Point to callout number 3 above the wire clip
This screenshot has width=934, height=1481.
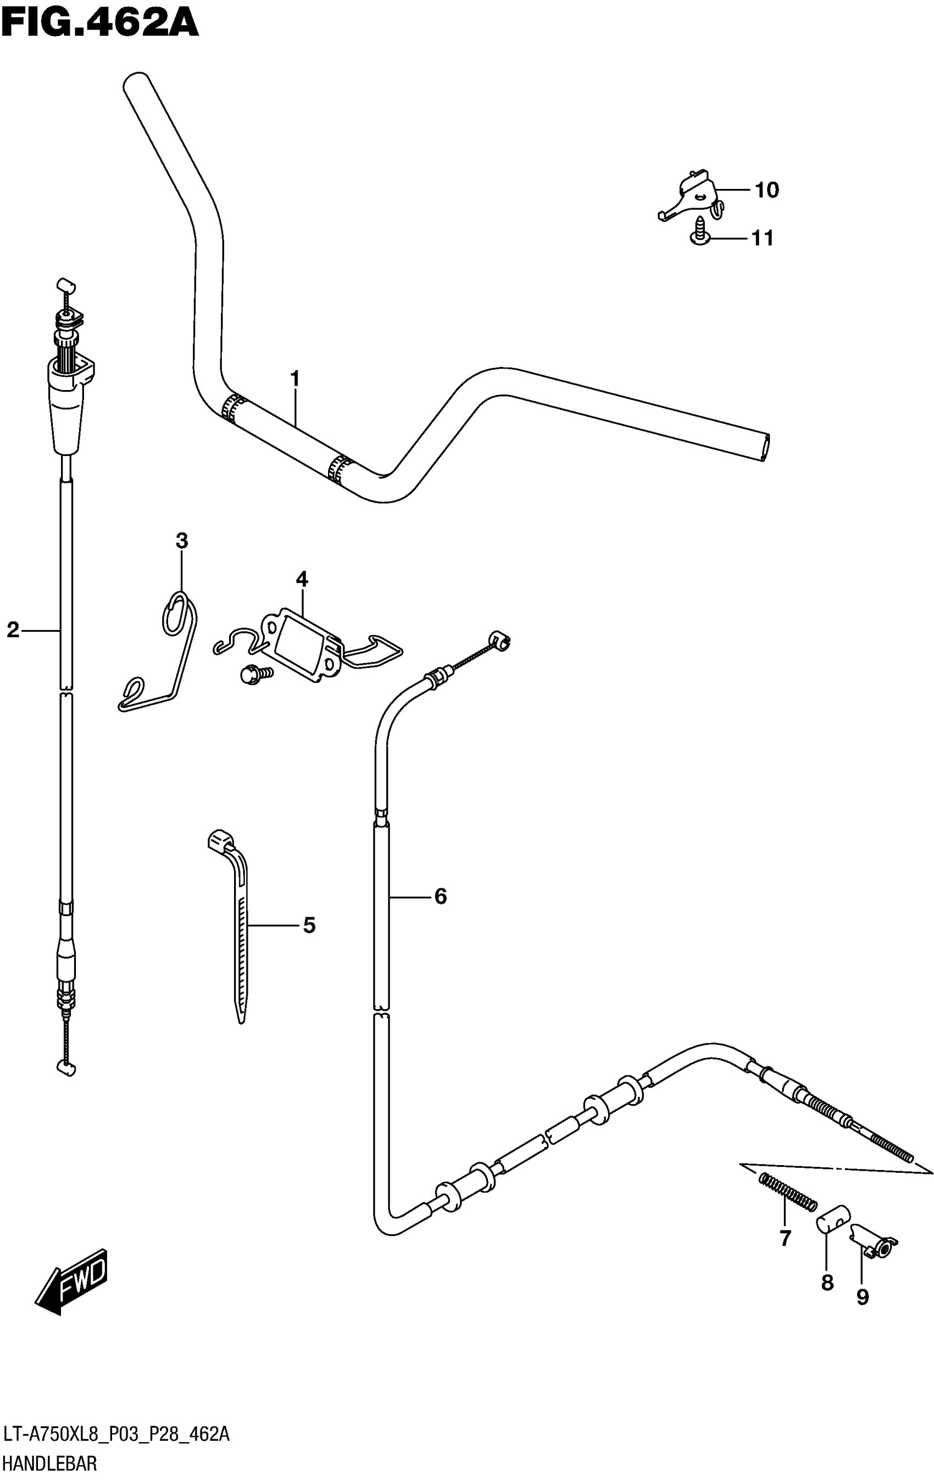pos(181,541)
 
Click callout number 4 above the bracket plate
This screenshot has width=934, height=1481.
pos(302,579)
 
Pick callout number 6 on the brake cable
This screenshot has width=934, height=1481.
pos(441,897)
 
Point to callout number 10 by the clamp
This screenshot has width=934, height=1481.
pos(766,191)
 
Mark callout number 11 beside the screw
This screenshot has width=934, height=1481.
pos(763,238)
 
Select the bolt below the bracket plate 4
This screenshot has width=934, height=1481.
pos(252,675)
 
